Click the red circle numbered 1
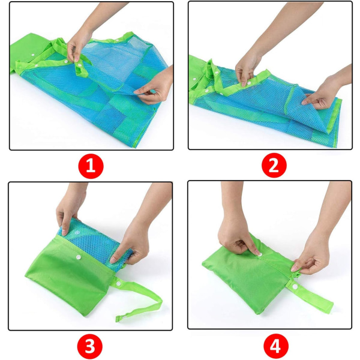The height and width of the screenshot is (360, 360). click(x=91, y=166)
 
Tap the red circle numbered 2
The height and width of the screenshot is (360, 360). click(x=274, y=165)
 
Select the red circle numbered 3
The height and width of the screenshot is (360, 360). click(x=90, y=346)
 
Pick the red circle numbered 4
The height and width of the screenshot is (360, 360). click(x=276, y=346)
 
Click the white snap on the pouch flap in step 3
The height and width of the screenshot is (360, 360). click(x=79, y=257)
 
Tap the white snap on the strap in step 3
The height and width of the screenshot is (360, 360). click(x=118, y=284)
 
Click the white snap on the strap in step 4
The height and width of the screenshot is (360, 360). click(x=295, y=287)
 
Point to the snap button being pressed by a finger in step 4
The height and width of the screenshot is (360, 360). click(x=260, y=254)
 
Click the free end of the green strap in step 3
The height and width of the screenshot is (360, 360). click(x=118, y=319)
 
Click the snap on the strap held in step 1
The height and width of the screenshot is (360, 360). click(x=80, y=65)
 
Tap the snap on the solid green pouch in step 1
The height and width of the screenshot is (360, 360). click(x=33, y=55)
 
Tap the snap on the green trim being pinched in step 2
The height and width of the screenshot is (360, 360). click(x=249, y=83)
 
